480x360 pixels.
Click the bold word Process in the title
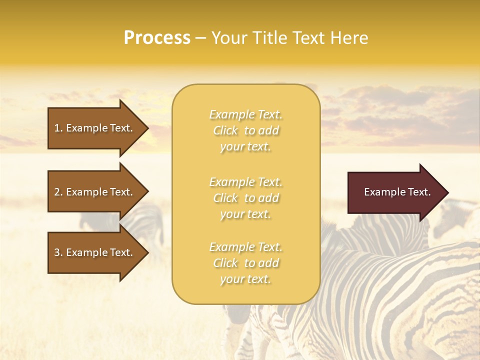(x=157, y=38)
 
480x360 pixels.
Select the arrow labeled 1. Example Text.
(x=95, y=128)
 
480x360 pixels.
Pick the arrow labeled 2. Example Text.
(x=95, y=192)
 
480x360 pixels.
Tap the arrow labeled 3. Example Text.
(x=95, y=252)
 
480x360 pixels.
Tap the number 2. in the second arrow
(x=58, y=192)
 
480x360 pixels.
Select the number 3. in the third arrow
(x=58, y=252)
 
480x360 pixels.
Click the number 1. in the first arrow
(x=58, y=128)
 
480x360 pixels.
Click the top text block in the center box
(x=245, y=130)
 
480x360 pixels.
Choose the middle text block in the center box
(x=245, y=198)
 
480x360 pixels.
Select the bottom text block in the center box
(x=245, y=263)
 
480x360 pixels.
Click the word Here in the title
(x=349, y=38)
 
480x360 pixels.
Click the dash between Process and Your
(x=201, y=38)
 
